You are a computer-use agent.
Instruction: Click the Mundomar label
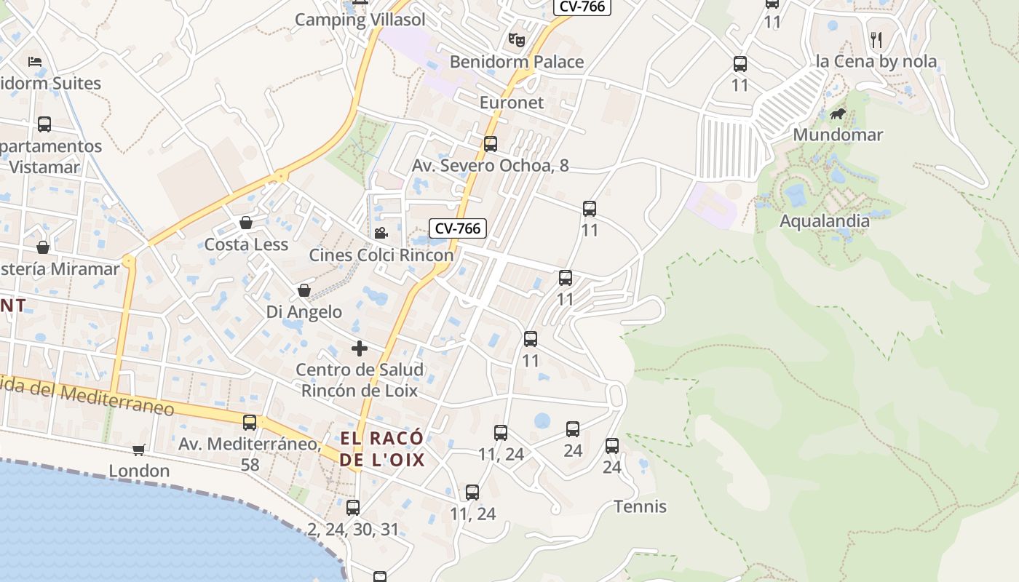838,135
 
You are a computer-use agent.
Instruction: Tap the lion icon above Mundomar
838,114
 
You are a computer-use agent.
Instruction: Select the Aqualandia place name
825,220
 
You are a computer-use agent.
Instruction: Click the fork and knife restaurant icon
876,39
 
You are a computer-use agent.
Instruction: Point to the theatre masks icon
517,39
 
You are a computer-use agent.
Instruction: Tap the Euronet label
511,103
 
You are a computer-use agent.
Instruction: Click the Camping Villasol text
360,20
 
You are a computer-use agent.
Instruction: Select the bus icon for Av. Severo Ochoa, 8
491,144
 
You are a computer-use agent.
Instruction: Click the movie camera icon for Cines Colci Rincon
381,233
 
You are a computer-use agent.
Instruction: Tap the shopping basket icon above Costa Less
246,223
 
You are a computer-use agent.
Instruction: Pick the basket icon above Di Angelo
304,291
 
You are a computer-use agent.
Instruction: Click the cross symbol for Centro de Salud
360,348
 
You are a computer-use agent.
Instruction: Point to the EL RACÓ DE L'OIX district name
382,449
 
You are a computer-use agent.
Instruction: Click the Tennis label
640,506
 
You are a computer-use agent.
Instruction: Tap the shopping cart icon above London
139,450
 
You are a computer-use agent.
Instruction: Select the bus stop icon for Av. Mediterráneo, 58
250,423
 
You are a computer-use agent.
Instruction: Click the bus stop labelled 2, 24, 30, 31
353,508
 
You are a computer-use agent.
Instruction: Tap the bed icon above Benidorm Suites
34,62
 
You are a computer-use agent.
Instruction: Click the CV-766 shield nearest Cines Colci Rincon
457,228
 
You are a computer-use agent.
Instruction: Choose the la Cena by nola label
876,61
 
